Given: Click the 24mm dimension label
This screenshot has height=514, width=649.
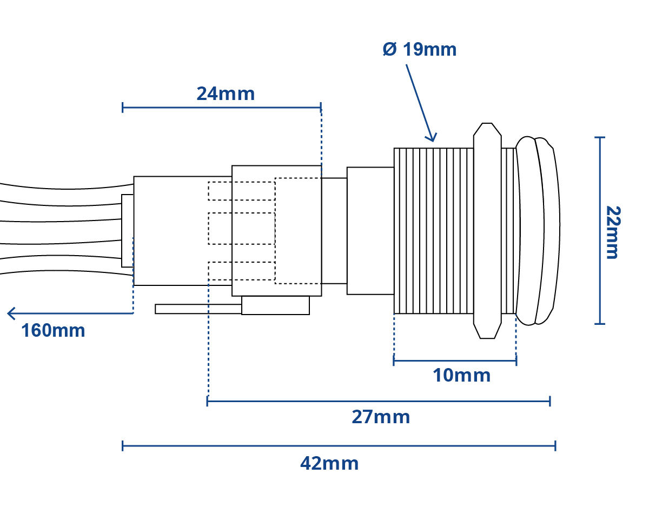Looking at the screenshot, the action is click(x=226, y=94).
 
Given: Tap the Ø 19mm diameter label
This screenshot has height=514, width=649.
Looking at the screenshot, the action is click(x=420, y=49).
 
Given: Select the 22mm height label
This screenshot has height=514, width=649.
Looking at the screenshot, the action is click(x=613, y=232).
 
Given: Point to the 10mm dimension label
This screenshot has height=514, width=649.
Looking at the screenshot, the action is click(x=461, y=375).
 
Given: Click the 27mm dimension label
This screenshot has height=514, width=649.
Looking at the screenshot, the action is click(x=381, y=417).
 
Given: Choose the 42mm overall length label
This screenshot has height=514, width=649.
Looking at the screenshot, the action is click(x=329, y=463).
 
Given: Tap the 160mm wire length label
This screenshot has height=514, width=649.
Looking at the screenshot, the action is click(x=53, y=330).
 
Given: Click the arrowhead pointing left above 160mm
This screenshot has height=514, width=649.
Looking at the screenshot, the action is click(x=11, y=313).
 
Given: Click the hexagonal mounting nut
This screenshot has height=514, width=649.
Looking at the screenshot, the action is click(x=487, y=231).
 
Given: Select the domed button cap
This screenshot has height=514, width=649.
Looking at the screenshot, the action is click(x=538, y=231).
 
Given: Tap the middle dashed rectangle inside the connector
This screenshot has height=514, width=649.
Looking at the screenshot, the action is click(x=242, y=229).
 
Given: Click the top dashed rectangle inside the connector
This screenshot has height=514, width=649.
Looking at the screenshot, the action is click(x=242, y=191).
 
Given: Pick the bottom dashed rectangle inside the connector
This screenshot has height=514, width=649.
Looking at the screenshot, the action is click(x=242, y=271).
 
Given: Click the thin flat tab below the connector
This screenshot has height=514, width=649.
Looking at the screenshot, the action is click(x=198, y=309).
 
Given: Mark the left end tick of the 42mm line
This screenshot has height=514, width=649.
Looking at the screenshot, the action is click(x=122, y=446).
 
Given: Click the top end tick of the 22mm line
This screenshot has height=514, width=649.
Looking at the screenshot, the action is click(x=600, y=137).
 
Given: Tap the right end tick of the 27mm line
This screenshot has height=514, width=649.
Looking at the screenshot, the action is click(x=550, y=401).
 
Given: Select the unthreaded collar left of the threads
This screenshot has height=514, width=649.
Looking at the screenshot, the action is click(x=370, y=231).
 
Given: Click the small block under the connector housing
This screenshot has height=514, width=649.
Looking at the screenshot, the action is click(x=275, y=305).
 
